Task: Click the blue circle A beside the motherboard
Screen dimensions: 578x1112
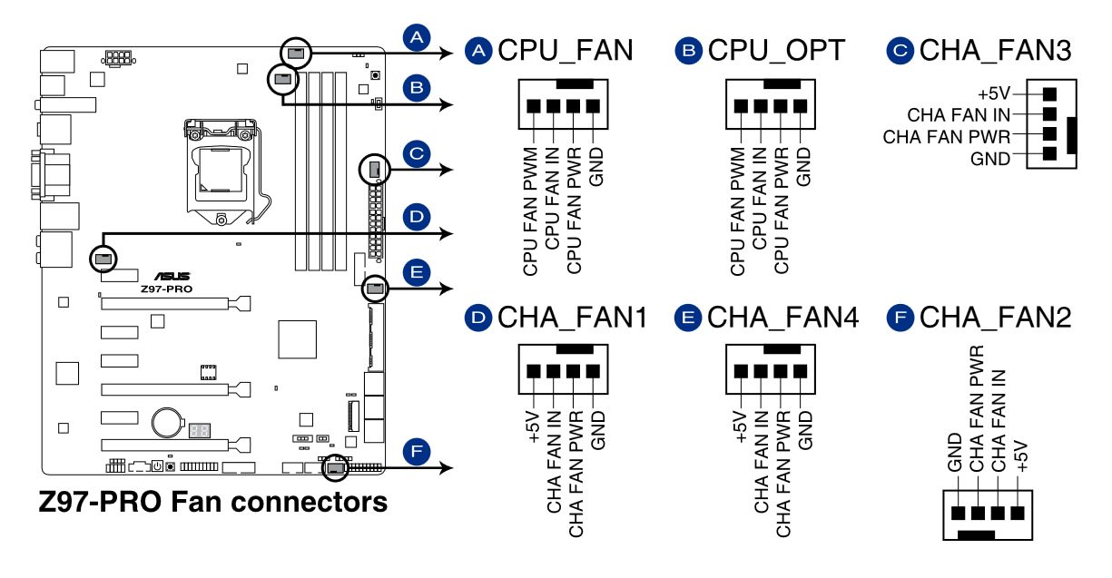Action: coord(416,37)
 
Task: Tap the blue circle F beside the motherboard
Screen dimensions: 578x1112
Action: coord(416,451)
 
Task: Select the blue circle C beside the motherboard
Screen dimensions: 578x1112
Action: coord(416,153)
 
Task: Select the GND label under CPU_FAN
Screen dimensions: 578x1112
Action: coord(595,164)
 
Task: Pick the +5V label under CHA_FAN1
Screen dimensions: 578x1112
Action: coord(534,426)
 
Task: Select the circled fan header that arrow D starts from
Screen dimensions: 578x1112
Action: coord(103,259)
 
